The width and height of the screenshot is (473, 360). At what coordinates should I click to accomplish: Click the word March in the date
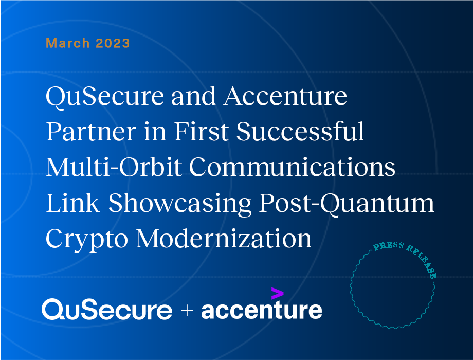pyautogui.click(x=67, y=43)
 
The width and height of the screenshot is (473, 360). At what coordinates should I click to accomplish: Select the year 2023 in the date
pyautogui.click(x=113, y=43)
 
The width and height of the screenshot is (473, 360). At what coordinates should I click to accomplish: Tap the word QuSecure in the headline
pyautogui.click(x=105, y=97)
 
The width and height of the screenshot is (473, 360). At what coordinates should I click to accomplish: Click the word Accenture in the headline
pyautogui.click(x=285, y=97)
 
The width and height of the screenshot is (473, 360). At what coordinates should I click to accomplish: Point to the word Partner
pyautogui.click(x=91, y=132)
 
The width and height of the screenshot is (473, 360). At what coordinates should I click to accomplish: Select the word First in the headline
pyautogui.click(x=201, y=132)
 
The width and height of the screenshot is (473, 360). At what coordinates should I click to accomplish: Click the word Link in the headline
pyautogui.click(x=72, y=203)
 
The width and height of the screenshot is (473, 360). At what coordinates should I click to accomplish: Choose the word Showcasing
pyautogui.click(x=180, y=204)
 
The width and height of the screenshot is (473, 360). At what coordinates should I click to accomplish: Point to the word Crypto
pyautogui.click(x=87, y=240)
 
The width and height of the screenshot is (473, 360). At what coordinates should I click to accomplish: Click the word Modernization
pyautogui.click(x=224, y=239)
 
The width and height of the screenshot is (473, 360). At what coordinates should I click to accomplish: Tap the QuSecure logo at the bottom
pyautogui.click(x=107, y=309)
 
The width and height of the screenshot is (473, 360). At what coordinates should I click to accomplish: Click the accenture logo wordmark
pyautogui.click(x=262, y=309)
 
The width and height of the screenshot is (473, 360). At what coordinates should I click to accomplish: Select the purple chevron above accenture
pyautogui.click(x=277, y=293)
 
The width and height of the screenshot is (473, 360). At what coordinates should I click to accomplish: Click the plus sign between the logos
pyautogui.click(x=187, y=310)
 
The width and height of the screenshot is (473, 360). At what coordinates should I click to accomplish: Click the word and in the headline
pyautogui.click(x=194, y=97)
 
